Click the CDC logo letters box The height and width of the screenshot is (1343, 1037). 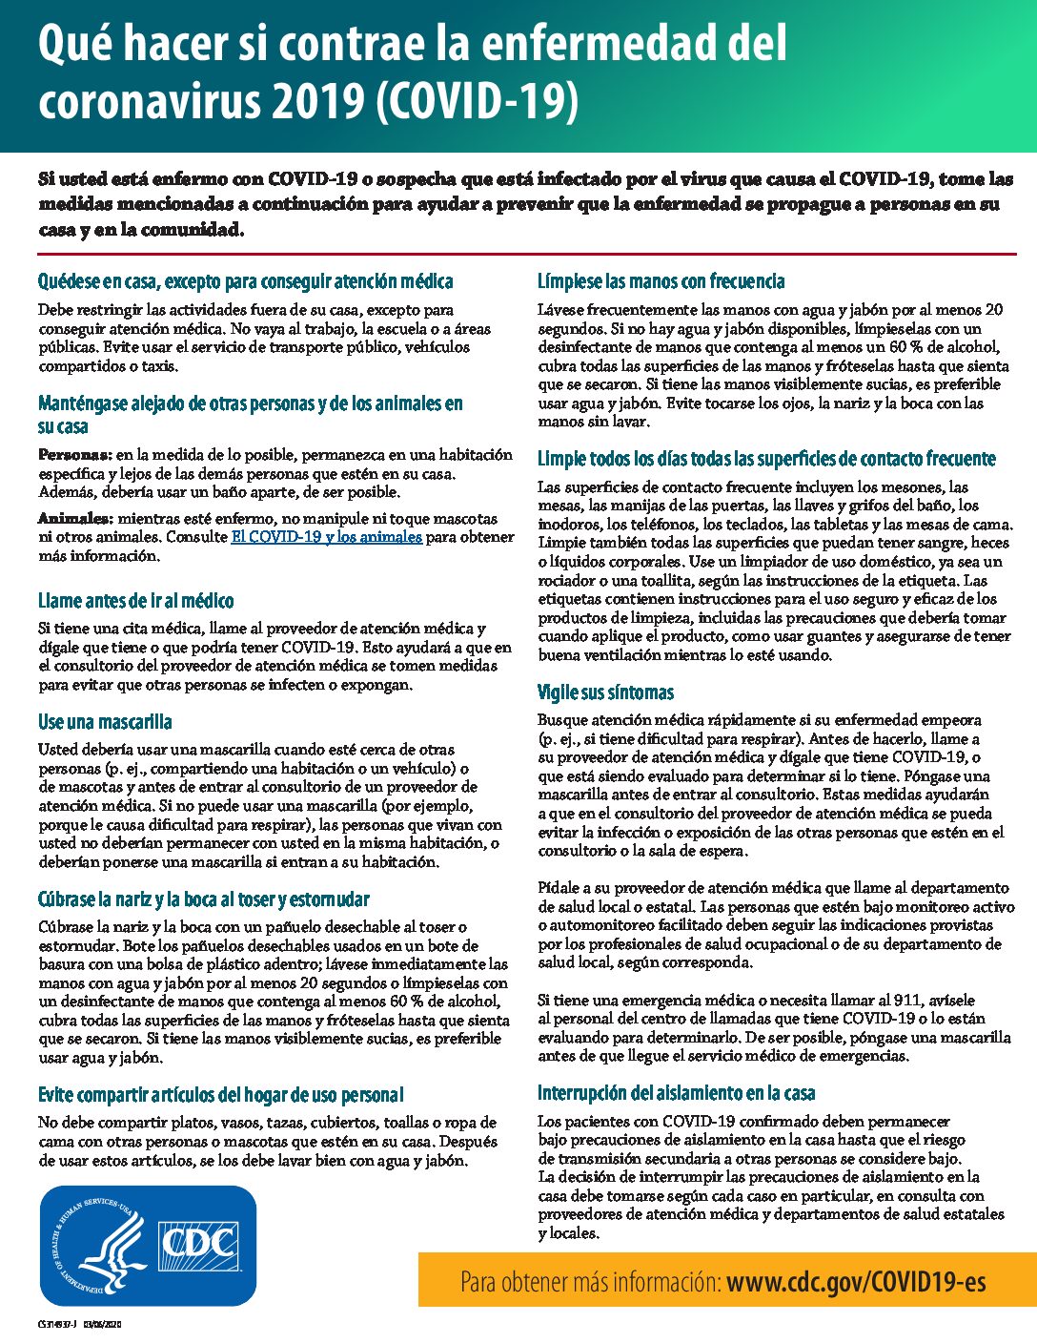pos(198,1242)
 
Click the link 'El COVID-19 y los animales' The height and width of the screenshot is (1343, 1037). pos(326,537)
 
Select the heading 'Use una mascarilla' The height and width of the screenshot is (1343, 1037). pos(105,722)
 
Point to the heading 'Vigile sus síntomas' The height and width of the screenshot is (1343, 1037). pos(605,692)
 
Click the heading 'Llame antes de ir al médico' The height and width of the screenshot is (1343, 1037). pos(135,601)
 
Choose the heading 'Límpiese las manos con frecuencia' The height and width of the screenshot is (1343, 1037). pos(661,281)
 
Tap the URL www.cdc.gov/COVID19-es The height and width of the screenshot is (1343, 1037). pos(856,1280)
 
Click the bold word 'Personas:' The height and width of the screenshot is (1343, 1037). pos(75,455)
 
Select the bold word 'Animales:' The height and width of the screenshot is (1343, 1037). pos(75,519)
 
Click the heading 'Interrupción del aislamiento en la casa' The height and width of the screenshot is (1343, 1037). pos(676,1093)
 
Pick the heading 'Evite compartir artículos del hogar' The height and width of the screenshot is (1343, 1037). pos(220,1095)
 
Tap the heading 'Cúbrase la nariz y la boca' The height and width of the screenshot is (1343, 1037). pos(203,899)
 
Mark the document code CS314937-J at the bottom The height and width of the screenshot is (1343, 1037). pos(57,1325)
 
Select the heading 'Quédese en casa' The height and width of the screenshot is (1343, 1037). pos(245,281)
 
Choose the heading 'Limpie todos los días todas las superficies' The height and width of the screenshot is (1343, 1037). pos(766,459)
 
